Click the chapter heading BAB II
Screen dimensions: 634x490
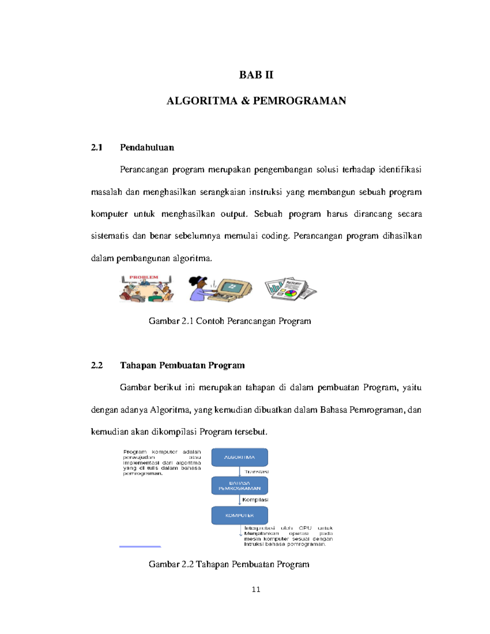(x=256, y=75)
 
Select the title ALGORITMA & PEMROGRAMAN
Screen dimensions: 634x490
(x=256, y=101)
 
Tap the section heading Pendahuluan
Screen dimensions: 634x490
(x=147, y=147)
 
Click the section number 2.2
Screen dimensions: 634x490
(x=97, y=365)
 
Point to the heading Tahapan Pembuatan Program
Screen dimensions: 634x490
(x=182, y=365)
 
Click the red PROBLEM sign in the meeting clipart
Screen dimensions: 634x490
(x=144, y=278)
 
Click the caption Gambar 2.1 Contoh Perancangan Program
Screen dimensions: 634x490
(x=229, y=321)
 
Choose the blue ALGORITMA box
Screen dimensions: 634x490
(x=239, y=457)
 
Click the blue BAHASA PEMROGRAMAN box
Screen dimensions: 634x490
(x=239, y=486)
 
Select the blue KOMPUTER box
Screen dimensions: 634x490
(x=239, y=515)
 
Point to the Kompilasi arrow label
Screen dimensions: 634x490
(x=255, y=500)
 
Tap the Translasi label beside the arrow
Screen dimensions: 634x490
(x=256, y=472)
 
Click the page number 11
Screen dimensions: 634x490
(x=256, y=589)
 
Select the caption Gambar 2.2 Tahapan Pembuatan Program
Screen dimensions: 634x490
(x=229, y=564)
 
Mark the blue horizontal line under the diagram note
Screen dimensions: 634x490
(x=140, y=546)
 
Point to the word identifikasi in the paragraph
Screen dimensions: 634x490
(x=400, y=170)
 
